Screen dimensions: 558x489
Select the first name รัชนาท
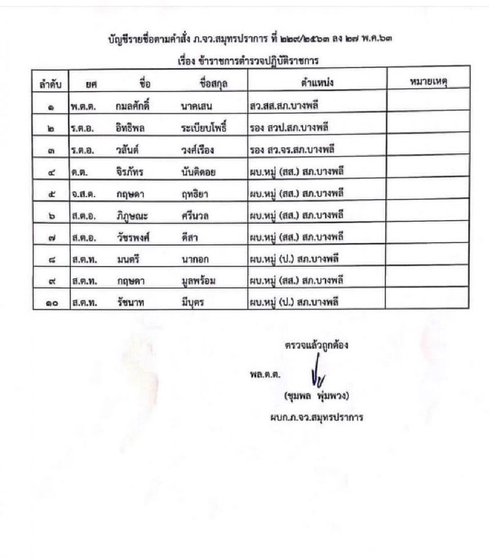[130, 302]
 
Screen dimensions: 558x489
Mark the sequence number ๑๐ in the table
[50, 302]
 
